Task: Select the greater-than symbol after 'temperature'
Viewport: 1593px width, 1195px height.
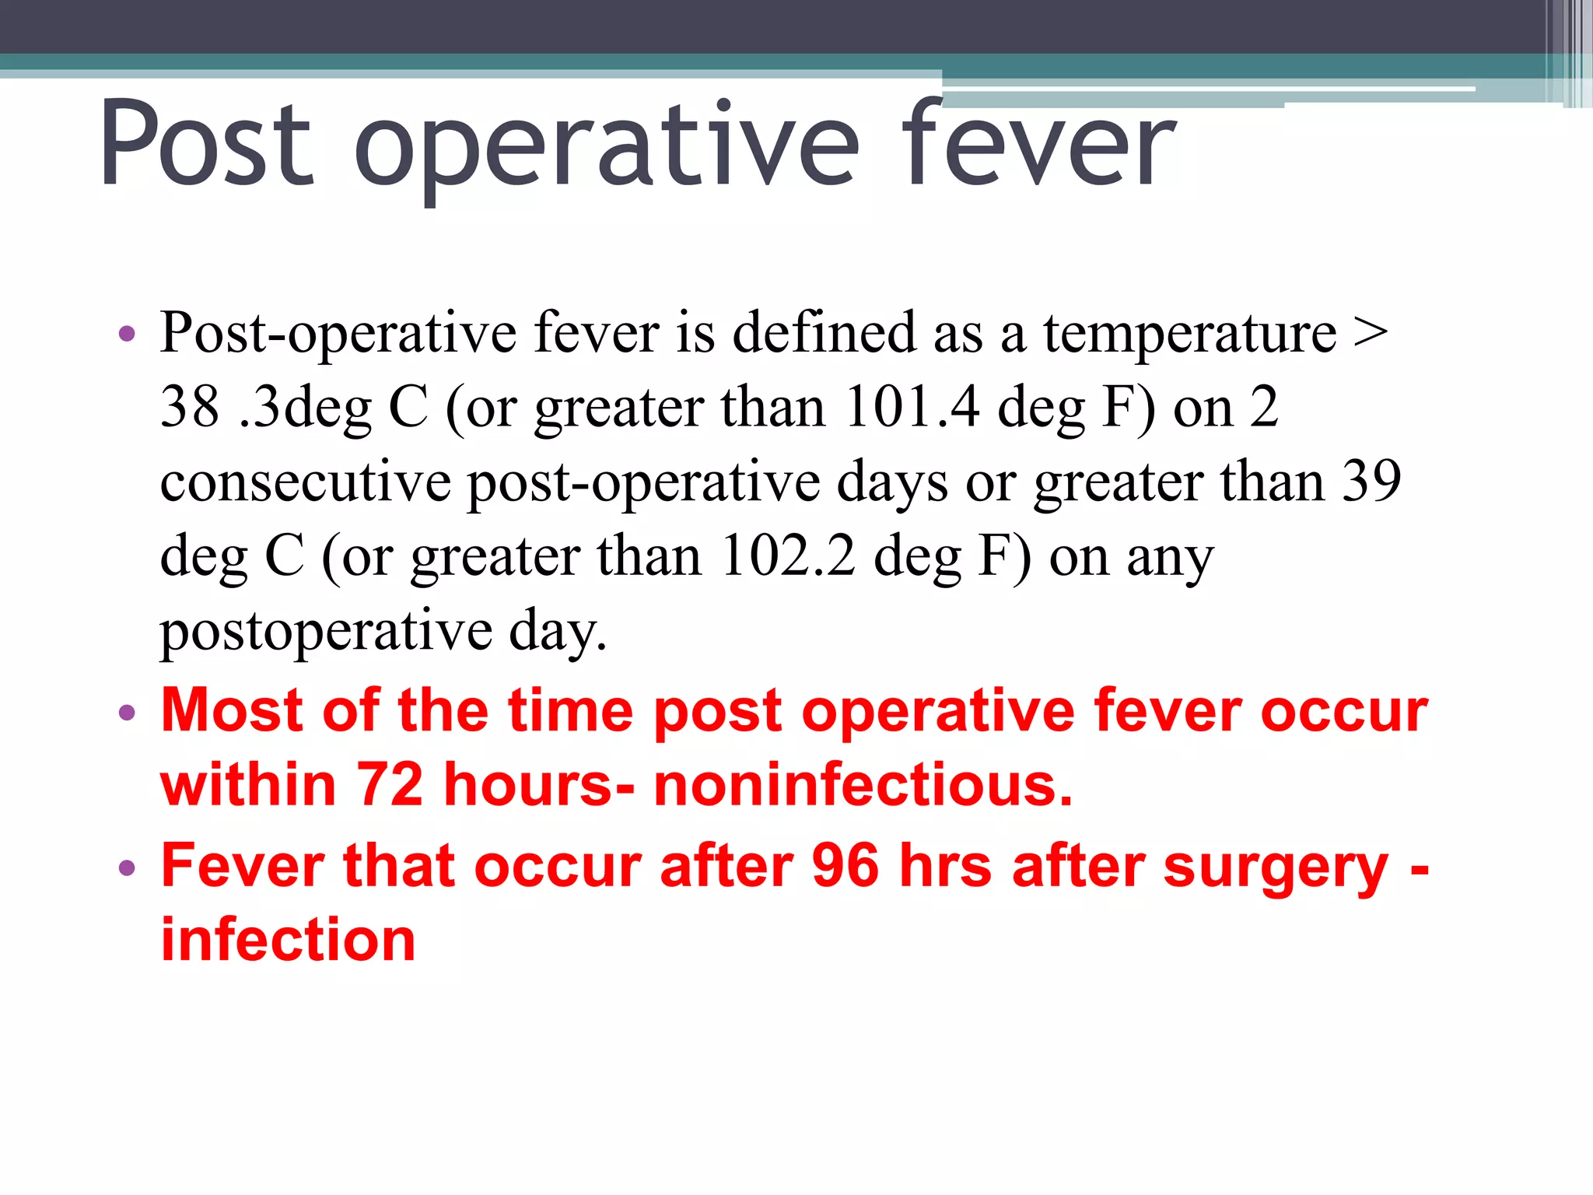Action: pos(1371,333)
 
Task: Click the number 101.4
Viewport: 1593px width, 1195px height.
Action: pos(912,407)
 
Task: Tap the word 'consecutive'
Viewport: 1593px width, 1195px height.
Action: pos(305,482)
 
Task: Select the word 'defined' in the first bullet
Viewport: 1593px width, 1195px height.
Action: pos(824,333)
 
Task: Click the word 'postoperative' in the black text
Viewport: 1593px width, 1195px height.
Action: pos(326,632)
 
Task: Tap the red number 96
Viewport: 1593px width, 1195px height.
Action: pos(846,865)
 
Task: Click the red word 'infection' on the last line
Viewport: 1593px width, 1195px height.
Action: pos(288,940)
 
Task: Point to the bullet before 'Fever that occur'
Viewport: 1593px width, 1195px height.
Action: pos(127,867)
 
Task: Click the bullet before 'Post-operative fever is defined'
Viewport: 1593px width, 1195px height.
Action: pos(127,335)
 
